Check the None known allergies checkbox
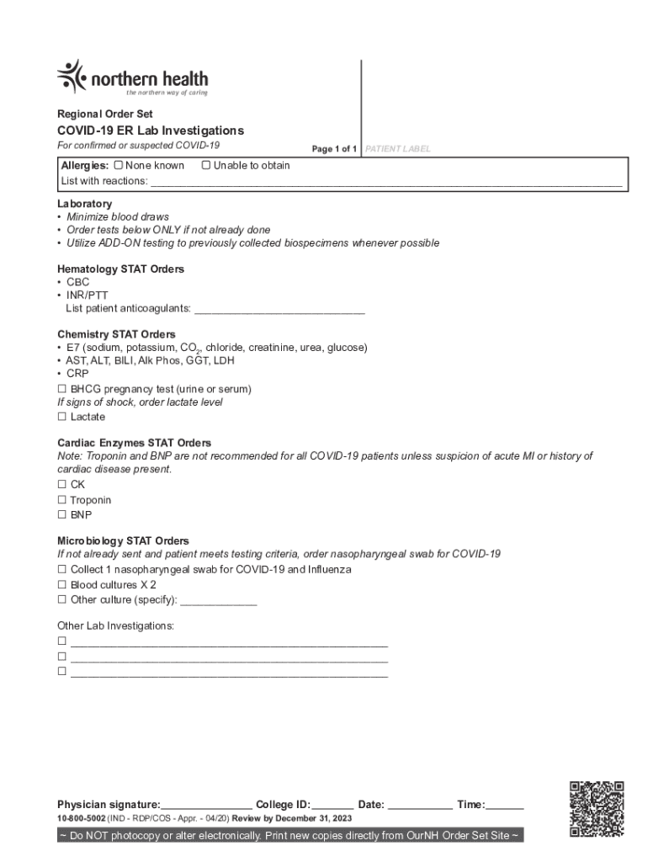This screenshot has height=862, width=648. coord(119,166)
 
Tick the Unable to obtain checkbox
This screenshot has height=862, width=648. coord(205,166)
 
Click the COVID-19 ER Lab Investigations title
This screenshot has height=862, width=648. coord(150,130)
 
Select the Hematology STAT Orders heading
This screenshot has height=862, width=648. coord(120,269)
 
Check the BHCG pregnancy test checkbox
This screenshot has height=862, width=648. coord(61,390)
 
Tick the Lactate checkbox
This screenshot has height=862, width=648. coord(61,417)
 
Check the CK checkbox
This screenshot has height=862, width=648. coord(61,485)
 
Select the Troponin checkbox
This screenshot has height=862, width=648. coord(61,500)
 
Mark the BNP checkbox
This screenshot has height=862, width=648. coord(61,514)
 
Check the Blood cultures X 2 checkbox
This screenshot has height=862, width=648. coord(61,584)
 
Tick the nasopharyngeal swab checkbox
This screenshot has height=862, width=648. coord(61,570)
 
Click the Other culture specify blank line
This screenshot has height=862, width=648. coord(219,601)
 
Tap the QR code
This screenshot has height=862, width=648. coord(597,808)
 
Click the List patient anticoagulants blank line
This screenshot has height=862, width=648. coord(279,309)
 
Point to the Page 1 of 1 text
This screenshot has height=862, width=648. coord(334,149)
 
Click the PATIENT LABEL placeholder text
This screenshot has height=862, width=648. coord(398,149)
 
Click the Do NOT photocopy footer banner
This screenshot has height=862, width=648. coord(290,836)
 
